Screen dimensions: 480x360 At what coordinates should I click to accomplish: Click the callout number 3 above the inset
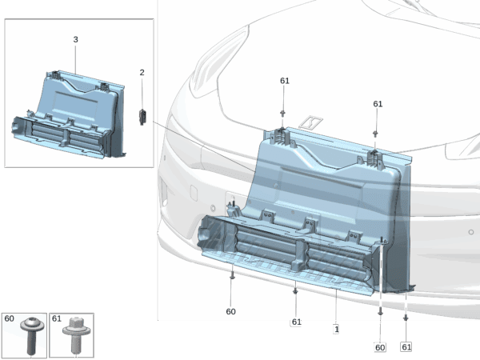click(76, 39)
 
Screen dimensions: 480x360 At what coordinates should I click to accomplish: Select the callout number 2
click(142, 73)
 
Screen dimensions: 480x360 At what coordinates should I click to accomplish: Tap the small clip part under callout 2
click(142, 117)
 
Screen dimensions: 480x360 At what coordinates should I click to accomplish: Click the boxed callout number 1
click(337, 330)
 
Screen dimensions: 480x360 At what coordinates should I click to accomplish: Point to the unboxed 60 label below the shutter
click(231, 312)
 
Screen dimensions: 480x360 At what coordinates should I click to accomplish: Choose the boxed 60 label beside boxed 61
click(380, 347)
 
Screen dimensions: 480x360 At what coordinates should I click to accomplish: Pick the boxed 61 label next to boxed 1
click(296, 322)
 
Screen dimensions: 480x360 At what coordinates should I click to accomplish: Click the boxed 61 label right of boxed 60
click(406, 347)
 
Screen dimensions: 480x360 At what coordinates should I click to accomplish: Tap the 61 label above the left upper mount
click(285, 81)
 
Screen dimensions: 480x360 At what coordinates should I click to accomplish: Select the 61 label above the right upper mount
click(378, 104)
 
